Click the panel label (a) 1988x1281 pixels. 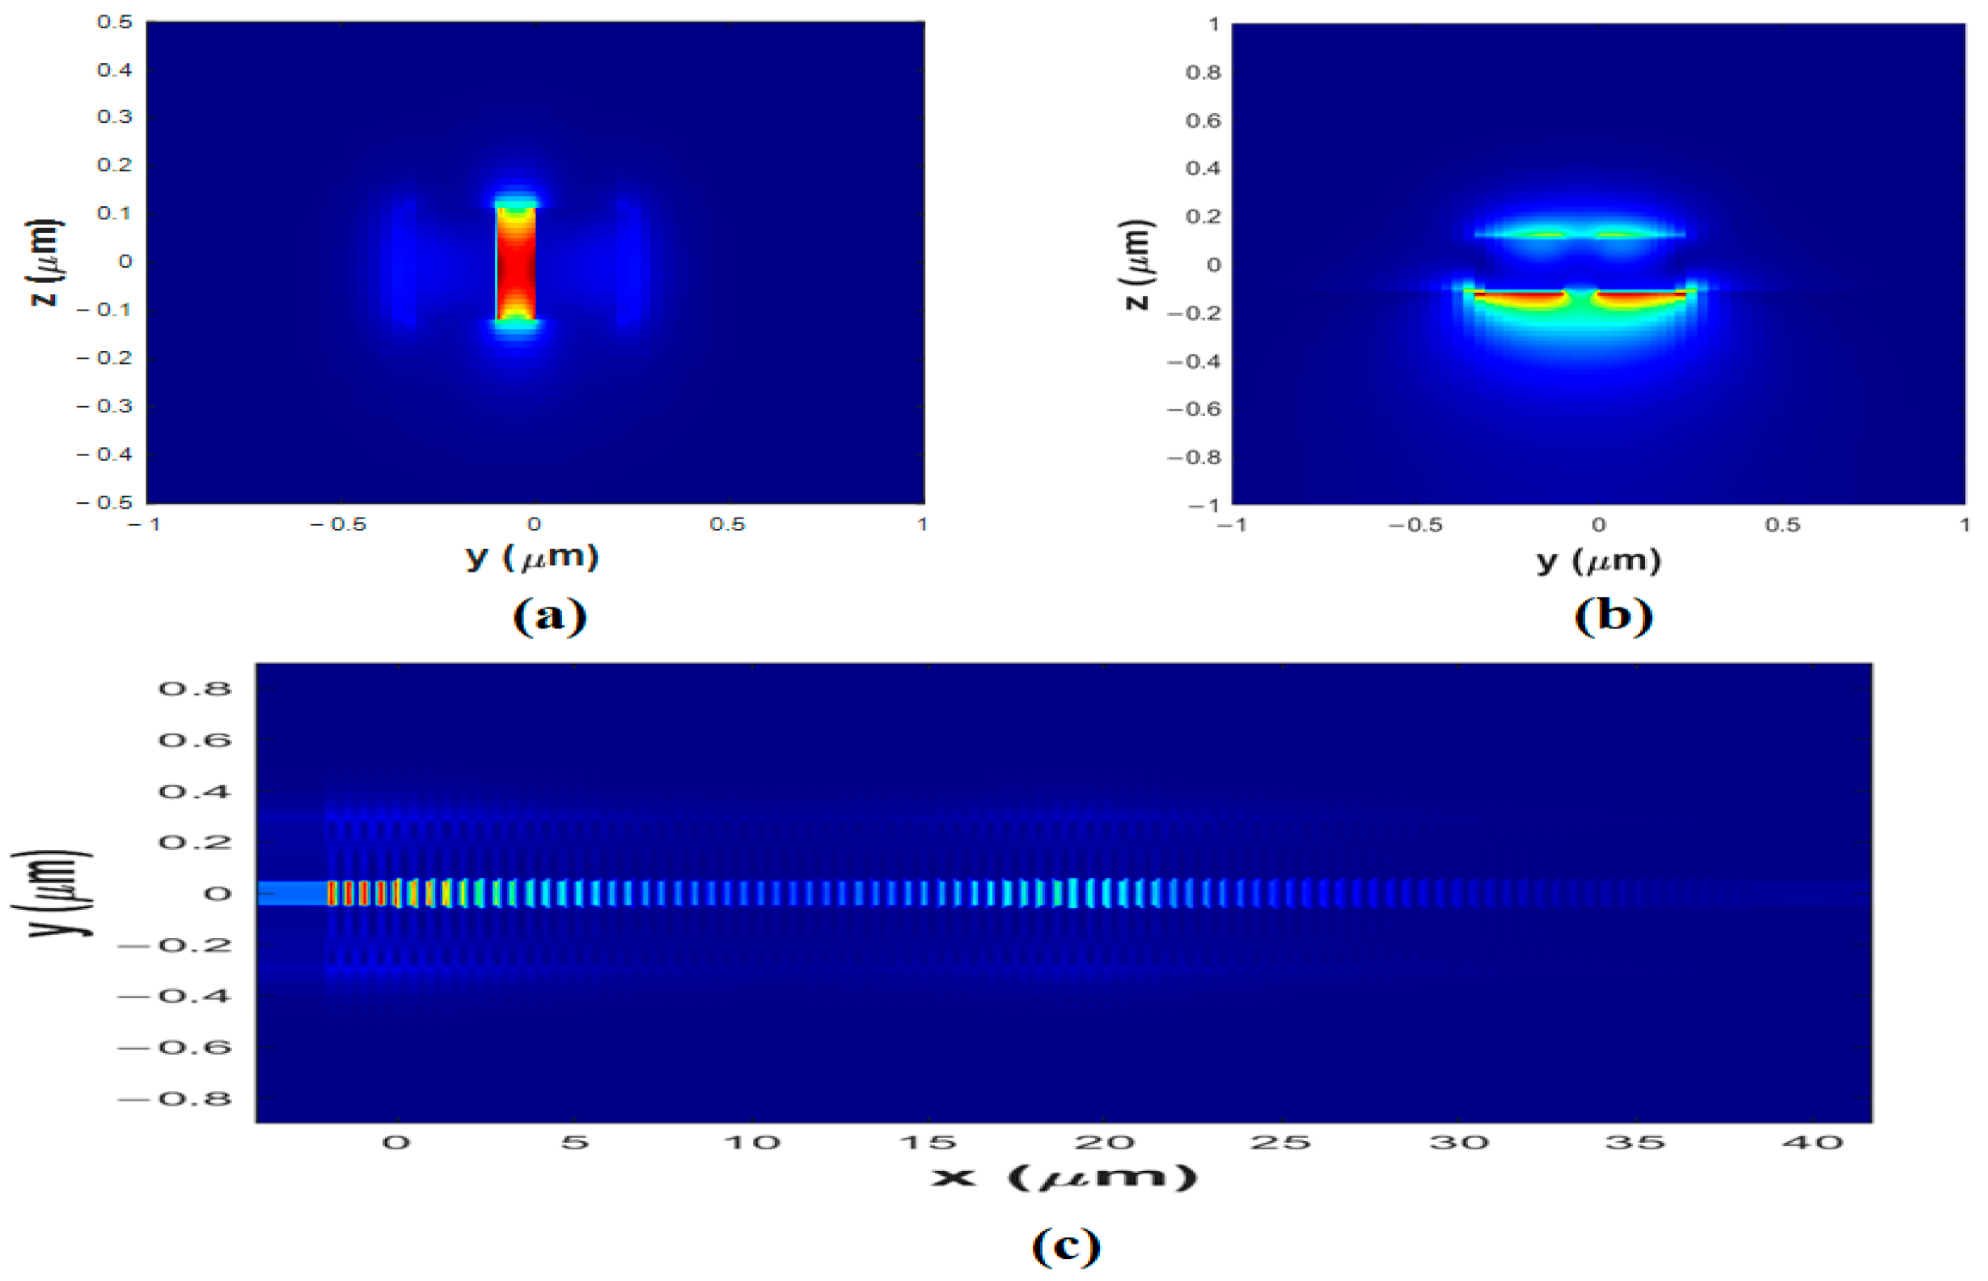(x=550, y=616)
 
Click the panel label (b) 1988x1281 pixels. (x=1613, y=616)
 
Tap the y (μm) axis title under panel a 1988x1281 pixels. (x=532, y=556)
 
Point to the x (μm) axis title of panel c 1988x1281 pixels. (x=1064, y=1177)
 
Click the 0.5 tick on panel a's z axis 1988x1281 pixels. (x=115, y=23)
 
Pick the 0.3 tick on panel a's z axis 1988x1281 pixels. (x=115, y=116)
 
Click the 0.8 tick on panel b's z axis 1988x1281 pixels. (x=1203, y=74)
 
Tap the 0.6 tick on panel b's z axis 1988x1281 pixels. (x=1203, y=121)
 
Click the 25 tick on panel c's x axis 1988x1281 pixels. (x=1280, y=1143)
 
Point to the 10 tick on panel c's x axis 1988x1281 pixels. (x=752, y=1143)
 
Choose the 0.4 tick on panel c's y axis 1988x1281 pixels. (x=195, y=791)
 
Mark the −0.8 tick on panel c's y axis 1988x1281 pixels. (x=176, y=1099)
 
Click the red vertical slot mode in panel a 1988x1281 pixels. (x=516, y=262)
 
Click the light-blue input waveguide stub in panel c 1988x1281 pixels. (x=291, y=894)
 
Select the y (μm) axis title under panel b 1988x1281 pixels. (x=1598, y=561)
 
